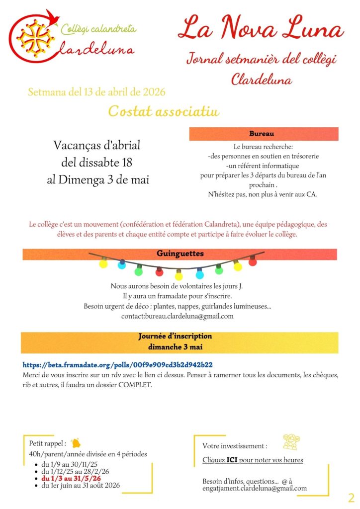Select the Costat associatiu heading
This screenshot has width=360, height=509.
[x=164, y=111]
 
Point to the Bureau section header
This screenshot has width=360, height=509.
[x=263, y=134]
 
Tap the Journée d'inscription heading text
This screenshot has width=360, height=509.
[x=175, y=337]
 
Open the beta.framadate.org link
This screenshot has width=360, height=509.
[x=118, y=364]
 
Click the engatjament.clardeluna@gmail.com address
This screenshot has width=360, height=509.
[x=255, y=488]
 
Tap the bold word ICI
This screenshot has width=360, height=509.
[x=232, y=460]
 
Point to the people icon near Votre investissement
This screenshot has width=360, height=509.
[x=291, y=441]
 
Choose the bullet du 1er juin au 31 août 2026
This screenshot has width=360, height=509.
[x=81, y=485]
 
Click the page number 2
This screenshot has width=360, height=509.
[x=351, y=498]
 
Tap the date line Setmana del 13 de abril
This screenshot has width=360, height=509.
[x=97, y=92]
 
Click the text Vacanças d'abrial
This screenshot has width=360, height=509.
[x=97, y=146]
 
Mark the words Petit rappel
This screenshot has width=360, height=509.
[x=47, y=443]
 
